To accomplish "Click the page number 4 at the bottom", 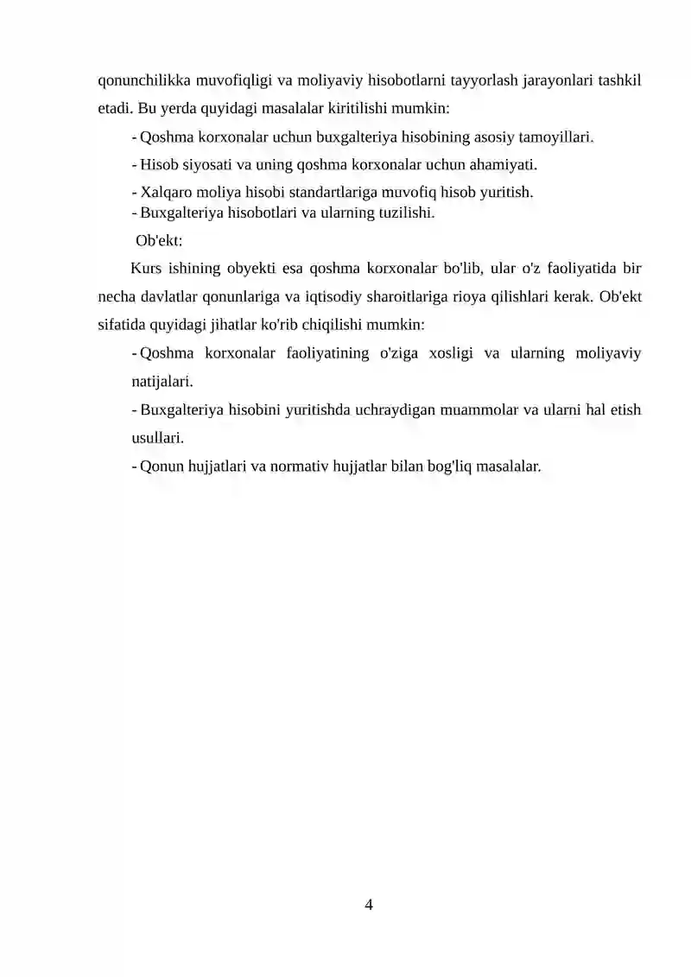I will coord(369,904).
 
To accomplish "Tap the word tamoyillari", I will coord(555,137).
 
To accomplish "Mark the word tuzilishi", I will coord(403,213).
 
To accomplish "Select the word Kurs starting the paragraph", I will coord(147,268).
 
